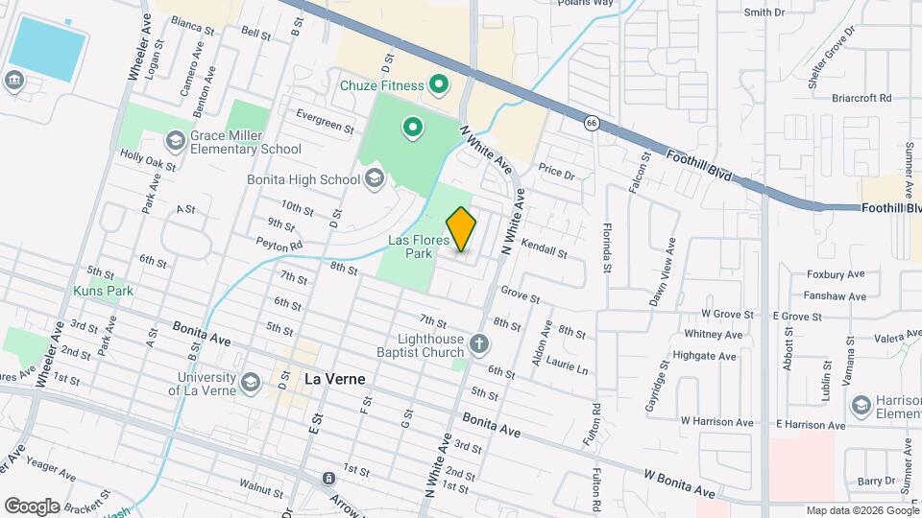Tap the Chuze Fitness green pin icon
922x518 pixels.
coord(440,85)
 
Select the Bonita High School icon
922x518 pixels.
coord(374,178)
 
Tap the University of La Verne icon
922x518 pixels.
coord(251,383)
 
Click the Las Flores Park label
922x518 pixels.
coord(419,247)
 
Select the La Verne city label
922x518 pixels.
coord(333,379)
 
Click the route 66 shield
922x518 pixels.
coord(594,122)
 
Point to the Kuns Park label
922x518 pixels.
coord(102,290)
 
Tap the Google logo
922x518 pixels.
coord(32,506)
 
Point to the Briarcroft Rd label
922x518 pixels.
coord(864,98)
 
